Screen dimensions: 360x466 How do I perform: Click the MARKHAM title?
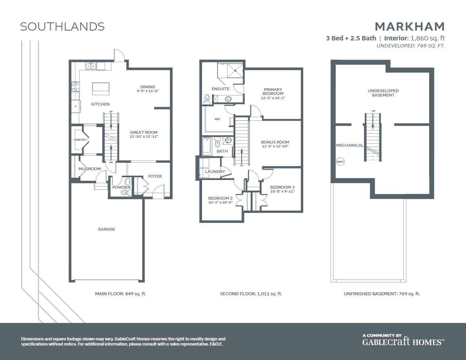coord(410,27)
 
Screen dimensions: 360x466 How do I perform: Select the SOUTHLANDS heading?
coord(62,27)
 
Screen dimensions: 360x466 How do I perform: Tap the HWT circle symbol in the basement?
coord(340,162)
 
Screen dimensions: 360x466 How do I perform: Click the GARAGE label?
coord(106,229)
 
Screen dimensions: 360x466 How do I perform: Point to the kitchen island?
coord(101,88)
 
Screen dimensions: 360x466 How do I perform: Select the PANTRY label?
coord(80,140)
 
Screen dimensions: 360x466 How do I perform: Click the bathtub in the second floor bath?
coord(207,146)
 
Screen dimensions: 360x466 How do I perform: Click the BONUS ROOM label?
coord(275,142)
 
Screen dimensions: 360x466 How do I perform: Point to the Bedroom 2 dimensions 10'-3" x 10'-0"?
coord(220,203)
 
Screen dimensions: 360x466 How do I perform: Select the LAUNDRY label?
coord(215,171)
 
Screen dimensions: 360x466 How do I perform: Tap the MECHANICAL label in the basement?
coord(349,145)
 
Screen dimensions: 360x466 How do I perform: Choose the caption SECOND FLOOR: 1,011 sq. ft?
coord(251,294)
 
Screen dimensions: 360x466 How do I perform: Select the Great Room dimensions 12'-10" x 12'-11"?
coord(144,137)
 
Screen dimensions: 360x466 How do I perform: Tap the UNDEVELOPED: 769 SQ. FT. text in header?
coord(410,46)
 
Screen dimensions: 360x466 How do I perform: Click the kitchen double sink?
coord(91,66)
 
